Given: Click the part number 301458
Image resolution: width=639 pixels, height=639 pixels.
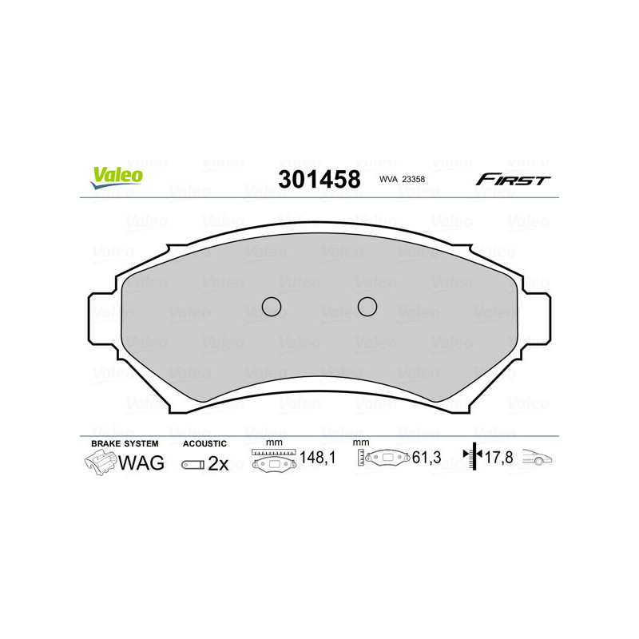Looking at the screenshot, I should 319,180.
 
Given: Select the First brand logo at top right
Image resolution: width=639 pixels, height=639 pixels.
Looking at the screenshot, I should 513,180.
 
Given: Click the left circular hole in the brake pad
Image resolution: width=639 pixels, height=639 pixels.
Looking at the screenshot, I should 272,306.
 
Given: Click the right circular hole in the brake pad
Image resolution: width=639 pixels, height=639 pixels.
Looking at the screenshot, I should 367,306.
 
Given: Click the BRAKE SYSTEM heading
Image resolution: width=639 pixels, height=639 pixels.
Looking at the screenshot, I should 125,443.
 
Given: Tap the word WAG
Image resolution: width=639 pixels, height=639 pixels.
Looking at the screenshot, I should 141,462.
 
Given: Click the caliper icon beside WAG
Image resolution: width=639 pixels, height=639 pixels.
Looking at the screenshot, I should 100,462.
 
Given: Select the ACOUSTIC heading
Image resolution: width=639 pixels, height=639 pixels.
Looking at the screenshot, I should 204,443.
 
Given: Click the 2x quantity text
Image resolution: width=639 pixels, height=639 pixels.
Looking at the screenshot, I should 218,463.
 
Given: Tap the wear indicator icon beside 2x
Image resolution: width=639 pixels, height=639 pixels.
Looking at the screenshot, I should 192,464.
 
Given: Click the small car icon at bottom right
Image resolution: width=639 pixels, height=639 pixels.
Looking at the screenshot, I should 538,458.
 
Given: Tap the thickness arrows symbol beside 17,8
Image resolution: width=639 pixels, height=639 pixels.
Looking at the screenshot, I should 474,457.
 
